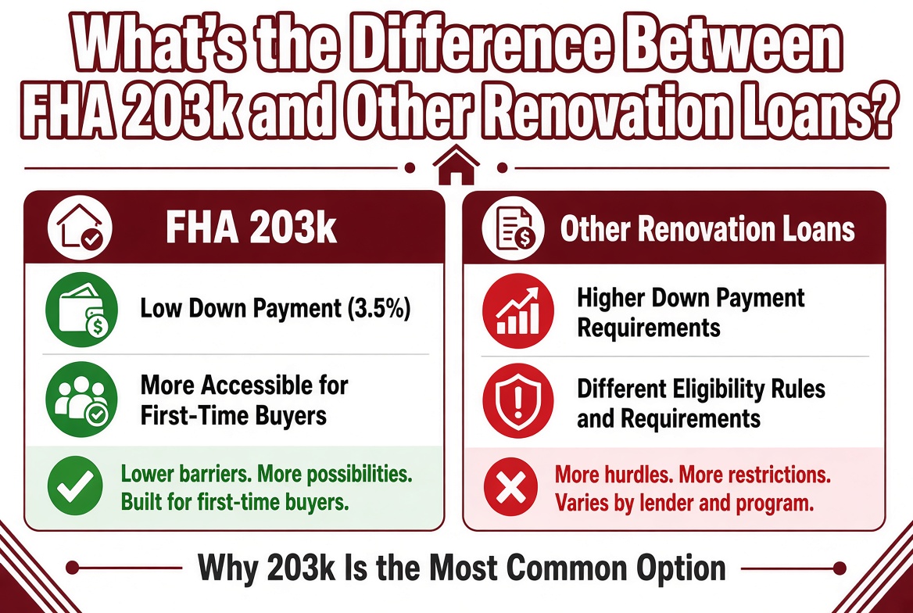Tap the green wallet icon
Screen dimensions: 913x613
point(81,310)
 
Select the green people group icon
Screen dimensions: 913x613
point(81,399)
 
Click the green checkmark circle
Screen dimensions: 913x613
point(75,486)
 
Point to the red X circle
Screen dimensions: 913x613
point(510,487)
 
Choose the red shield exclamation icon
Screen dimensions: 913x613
point(518,401)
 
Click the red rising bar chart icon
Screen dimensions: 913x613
point(518,311)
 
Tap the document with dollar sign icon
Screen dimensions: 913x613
point(513,228)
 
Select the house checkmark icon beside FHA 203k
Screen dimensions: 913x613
point(80,228)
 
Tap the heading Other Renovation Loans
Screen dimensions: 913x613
point(707,228)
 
